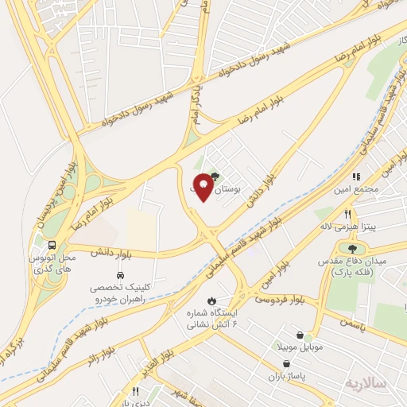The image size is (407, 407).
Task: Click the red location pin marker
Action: point(203,188)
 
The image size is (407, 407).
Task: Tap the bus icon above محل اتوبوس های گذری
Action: point(52,245)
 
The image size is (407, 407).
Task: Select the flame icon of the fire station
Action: point(211,300)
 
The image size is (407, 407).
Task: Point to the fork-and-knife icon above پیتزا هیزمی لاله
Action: point(347,214)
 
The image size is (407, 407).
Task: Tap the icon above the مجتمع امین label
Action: point(357,176)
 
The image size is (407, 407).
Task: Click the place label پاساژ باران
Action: point(287,374)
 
